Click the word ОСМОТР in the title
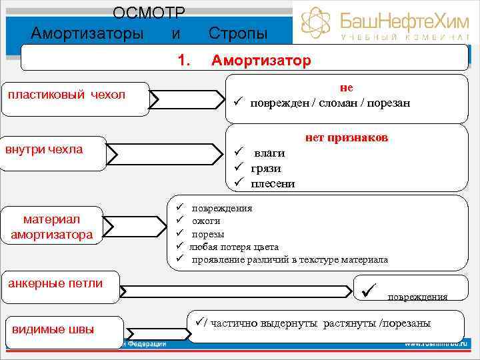(149, 13)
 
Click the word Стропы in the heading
(238, 33)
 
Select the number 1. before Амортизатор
(185, 61)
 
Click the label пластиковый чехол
(66, 95)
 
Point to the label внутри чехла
(44, 149)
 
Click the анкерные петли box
(55, 283)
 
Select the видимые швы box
(53, 329)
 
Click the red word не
(346, 87)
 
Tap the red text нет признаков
(347, 138)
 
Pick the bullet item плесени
(273, 183)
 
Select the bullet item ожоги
(206, 221)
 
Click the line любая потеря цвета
(234, 247)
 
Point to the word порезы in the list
(208, 234)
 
